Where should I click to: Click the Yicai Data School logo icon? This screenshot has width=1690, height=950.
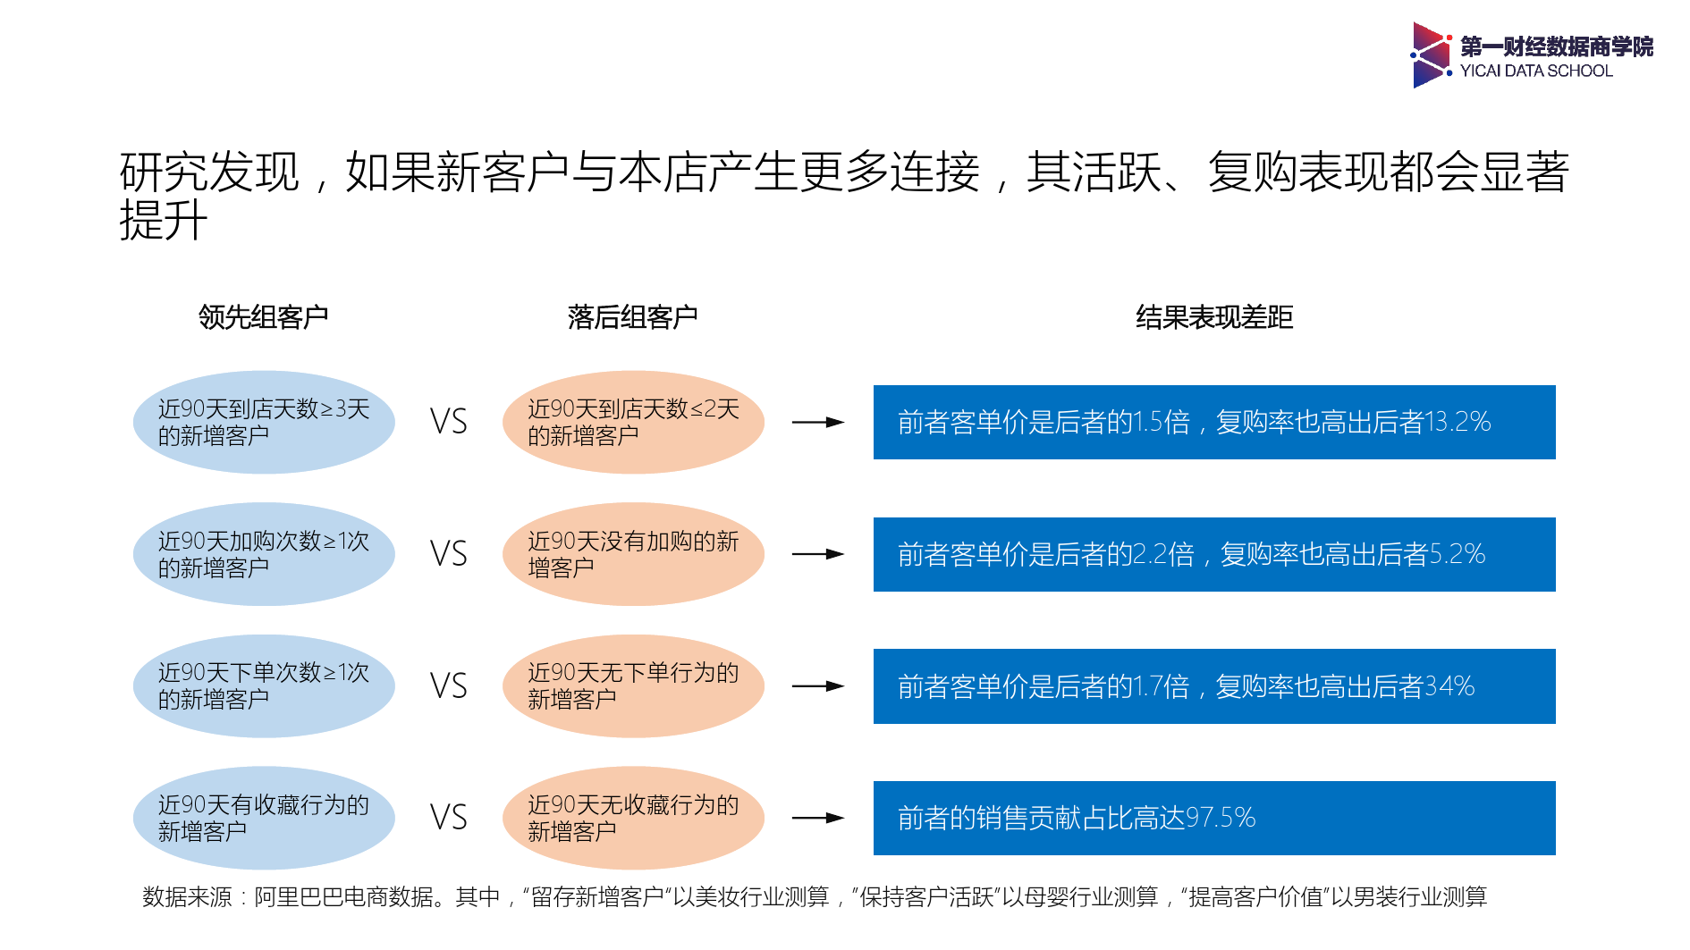point(1431,55)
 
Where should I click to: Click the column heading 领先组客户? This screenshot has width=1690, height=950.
point(263,317)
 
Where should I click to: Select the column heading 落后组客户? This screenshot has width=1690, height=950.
point(632,317)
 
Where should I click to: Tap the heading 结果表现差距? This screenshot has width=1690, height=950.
point(1213,317)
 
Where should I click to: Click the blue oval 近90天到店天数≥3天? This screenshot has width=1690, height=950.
point(264,422)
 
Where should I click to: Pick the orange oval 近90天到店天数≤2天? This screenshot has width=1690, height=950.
point(633,422)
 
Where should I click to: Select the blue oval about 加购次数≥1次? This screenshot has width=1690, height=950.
point(264,554)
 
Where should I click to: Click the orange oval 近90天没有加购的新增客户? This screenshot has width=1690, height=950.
point(633,554)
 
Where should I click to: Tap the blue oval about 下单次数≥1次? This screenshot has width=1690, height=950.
point(264,685)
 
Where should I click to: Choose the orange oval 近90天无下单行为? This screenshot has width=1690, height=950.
point(633,685)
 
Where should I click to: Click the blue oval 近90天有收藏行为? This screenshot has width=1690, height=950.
point(264,818)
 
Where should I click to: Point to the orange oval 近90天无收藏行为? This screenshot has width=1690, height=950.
point(633,818)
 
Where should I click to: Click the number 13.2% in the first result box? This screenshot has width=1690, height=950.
point(1458,422)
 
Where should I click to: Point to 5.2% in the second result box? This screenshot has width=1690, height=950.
point(1458,554)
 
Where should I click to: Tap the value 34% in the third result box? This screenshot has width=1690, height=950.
point(1449,686)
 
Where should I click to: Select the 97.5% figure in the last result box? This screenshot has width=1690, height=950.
point(1221,818)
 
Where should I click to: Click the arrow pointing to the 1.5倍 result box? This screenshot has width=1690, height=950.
point(817,422)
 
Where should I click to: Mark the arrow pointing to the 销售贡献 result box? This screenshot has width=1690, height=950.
point(817,818)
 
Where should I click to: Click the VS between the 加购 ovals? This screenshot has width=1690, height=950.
point(448,554)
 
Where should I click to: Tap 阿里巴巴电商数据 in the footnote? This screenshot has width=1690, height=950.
point(344,896)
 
